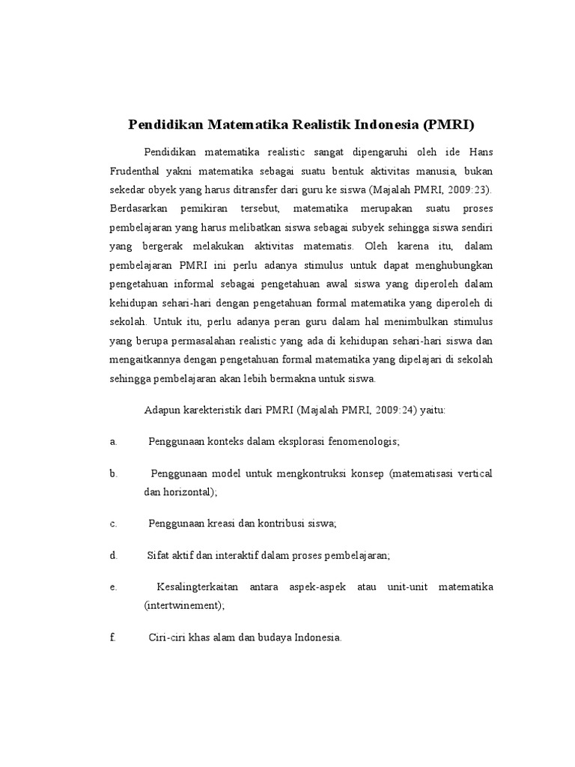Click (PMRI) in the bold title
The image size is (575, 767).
pos(448,124)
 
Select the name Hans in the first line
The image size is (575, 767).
pos(481,151)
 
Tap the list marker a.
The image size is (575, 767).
pos(113,442)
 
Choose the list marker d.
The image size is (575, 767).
pos(113,556)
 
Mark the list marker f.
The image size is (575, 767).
pos(112,638)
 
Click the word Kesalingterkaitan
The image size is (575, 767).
pos(200,588)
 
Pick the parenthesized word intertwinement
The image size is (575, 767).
pos(184,605)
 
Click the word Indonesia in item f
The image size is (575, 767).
pos(317,638)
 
